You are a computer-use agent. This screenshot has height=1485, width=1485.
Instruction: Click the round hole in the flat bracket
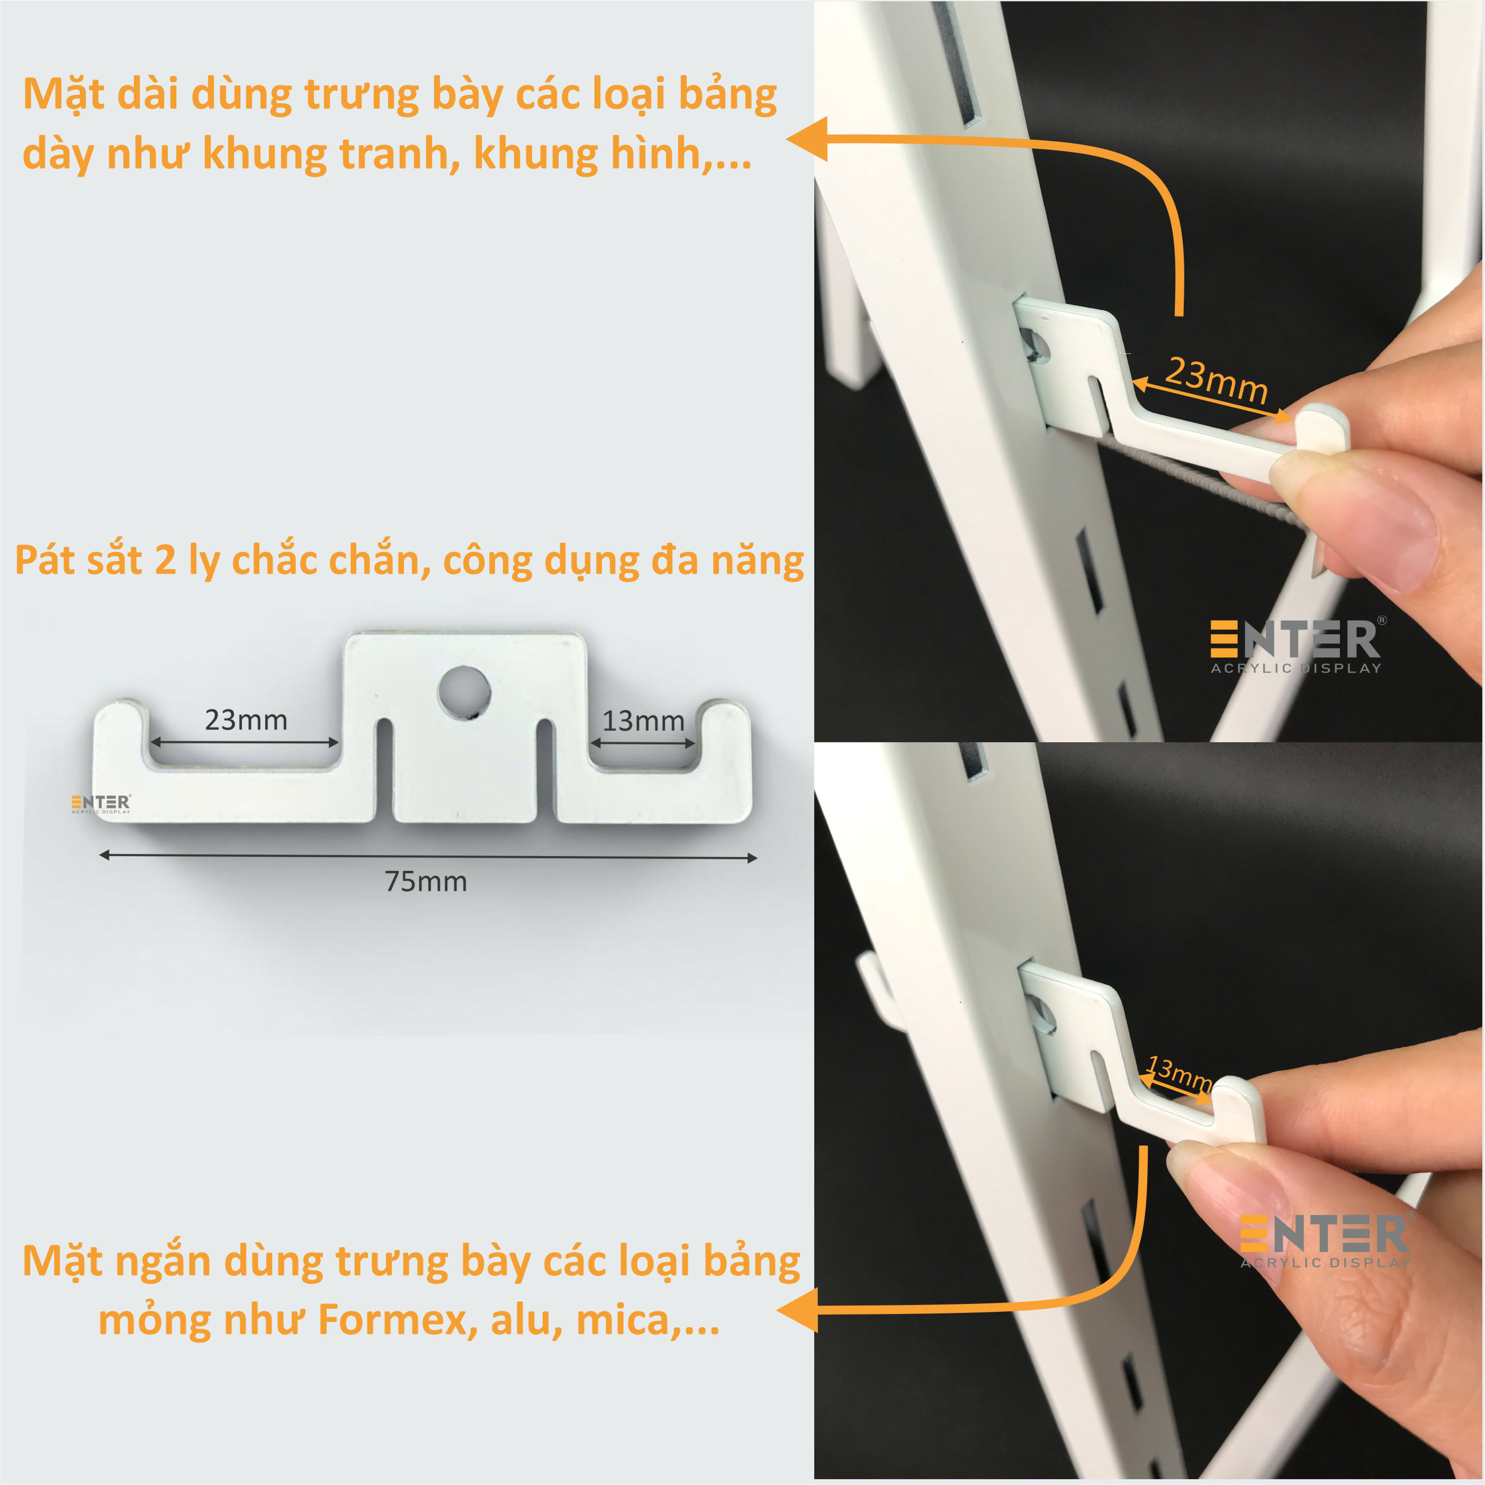[464, 691]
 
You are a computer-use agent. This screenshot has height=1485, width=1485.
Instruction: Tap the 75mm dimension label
[426, 881]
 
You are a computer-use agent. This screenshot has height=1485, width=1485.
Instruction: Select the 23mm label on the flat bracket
[246, 720]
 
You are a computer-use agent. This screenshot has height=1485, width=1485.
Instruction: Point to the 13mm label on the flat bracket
[643, 721]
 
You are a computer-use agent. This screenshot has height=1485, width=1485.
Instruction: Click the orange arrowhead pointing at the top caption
[807, 139]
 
